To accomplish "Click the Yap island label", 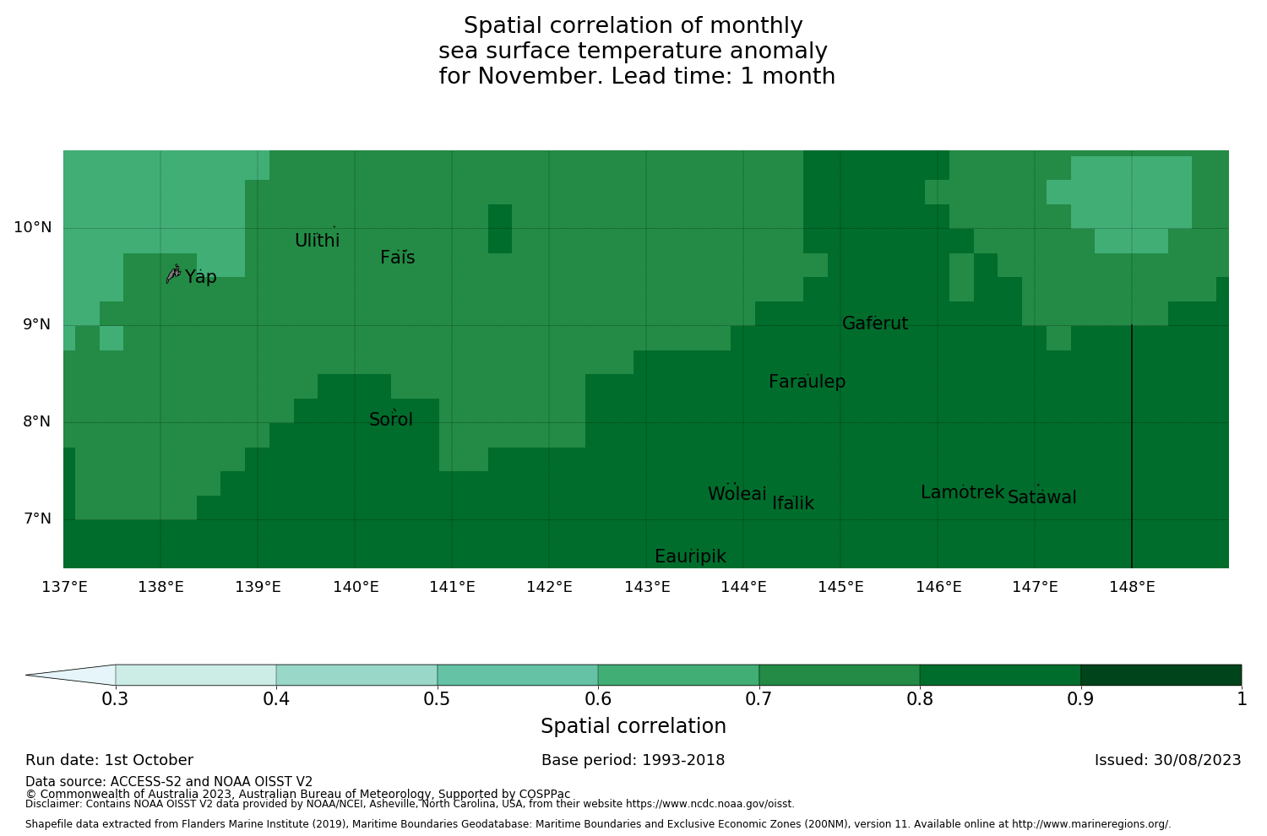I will click(201, 278).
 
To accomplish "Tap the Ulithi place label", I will click(318, 242).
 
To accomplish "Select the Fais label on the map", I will click(398, 258).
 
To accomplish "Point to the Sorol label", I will click(391, 421).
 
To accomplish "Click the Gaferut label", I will click(875, 324).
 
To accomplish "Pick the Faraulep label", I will click(807, 383).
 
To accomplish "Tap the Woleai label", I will click(737, 495).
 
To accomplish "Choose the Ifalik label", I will click(793, 504).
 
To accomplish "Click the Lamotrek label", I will click(962, 493).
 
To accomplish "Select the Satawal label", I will click(1042, 498).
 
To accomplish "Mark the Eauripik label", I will click(690, 557).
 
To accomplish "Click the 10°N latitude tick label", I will click(32, 228).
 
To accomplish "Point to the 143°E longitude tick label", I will click(647, 587).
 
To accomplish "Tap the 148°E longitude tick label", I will click(1132, 587).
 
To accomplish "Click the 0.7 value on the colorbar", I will click(759, 699).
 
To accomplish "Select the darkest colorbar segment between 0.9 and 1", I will click(1161, 675).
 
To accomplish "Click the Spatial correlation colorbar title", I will click(633, 727).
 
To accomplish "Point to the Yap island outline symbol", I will click(173, 274).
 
